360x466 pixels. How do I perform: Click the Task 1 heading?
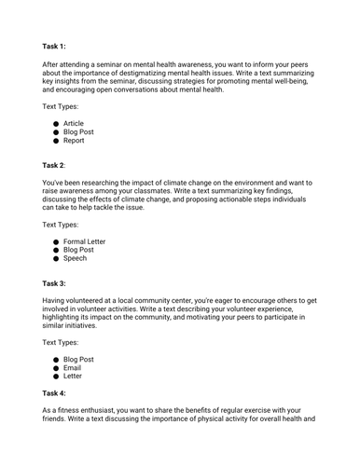tap(54, 45)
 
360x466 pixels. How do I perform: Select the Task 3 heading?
tap(54, 281)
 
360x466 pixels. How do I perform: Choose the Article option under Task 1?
tap(73, 123)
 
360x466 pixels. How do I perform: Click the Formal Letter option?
tap(84, 241)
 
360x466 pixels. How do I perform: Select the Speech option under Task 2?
tap(75, 259)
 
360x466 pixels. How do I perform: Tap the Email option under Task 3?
tap(73, 368)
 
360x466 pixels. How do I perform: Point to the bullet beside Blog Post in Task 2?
tap(56, 251)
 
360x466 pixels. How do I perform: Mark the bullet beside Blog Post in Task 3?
tap(56, 360)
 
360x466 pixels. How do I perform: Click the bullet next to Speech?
tap(56, 259)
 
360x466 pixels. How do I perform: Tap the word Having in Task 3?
tap(56, 301)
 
